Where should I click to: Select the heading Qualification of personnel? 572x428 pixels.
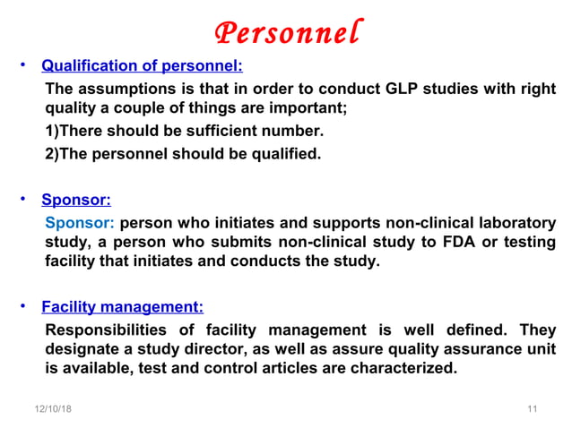143,66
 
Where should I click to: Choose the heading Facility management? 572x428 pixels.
123,307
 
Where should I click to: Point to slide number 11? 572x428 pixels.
532,408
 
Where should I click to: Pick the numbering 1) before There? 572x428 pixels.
51,132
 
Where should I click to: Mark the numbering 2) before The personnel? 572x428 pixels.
51,153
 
